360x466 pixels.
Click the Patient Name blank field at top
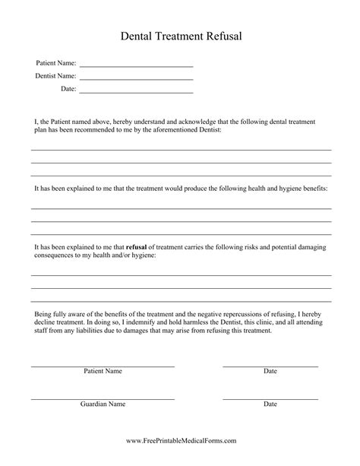tap(136, 66)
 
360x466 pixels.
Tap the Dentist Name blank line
tap(136, 79)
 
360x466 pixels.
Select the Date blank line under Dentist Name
tap(136, 92)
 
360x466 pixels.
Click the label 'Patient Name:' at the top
tap(55, 63)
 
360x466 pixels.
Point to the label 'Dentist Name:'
tap(55, 76)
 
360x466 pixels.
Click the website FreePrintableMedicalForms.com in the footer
tap(180, 440)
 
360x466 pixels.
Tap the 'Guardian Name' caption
tap(103, 404)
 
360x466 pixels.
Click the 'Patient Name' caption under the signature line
tap(103, 372)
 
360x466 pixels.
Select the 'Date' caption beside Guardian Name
tap(270, 404)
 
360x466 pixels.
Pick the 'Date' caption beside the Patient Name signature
tap(270, 372)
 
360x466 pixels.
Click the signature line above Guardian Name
tap(103, 398)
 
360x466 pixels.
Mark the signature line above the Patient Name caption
tap(103, 366)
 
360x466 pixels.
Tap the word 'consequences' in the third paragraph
tap(54, 256)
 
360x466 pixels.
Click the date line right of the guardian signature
tap(270, 398)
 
